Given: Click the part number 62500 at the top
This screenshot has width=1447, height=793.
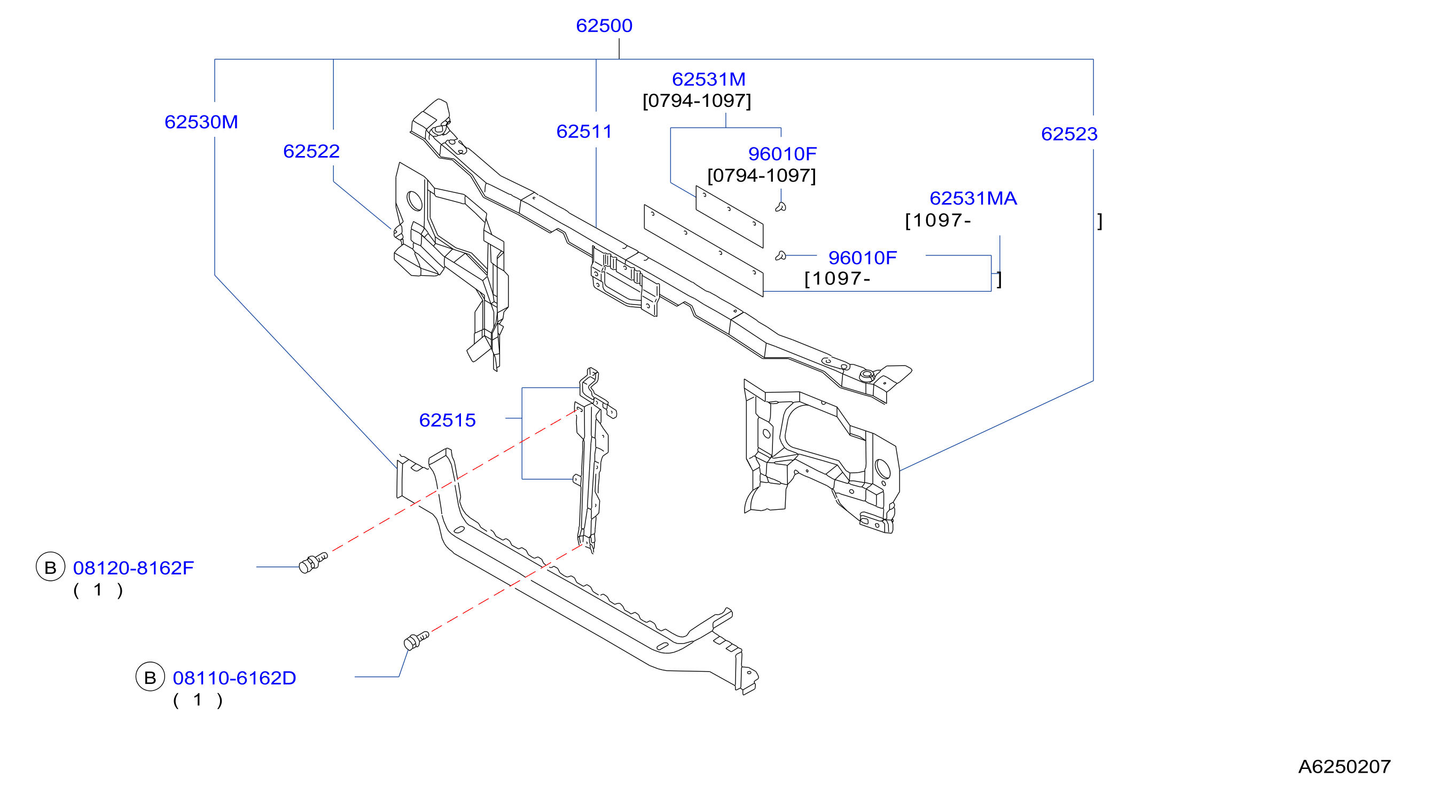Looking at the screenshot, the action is click(x=604, y=26).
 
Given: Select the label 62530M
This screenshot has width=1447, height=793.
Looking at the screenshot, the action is click(x=201, y=122).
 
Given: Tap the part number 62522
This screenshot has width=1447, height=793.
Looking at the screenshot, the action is click(x=311, y=151).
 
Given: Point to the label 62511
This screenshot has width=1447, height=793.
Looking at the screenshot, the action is click(x=584, y=131).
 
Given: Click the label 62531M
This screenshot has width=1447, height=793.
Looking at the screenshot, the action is click(x=708, y=79).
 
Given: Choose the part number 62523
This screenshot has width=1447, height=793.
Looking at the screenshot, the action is click(x=1069, y=134).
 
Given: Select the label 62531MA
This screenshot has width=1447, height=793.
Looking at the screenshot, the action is click(x=973, y=198).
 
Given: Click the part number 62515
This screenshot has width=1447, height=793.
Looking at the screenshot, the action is click(x=447, y=421).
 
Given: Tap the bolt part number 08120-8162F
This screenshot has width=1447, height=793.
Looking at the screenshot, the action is click(x=133, y=568).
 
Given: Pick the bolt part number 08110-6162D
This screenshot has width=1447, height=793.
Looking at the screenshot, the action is click(x=234, y=678).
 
